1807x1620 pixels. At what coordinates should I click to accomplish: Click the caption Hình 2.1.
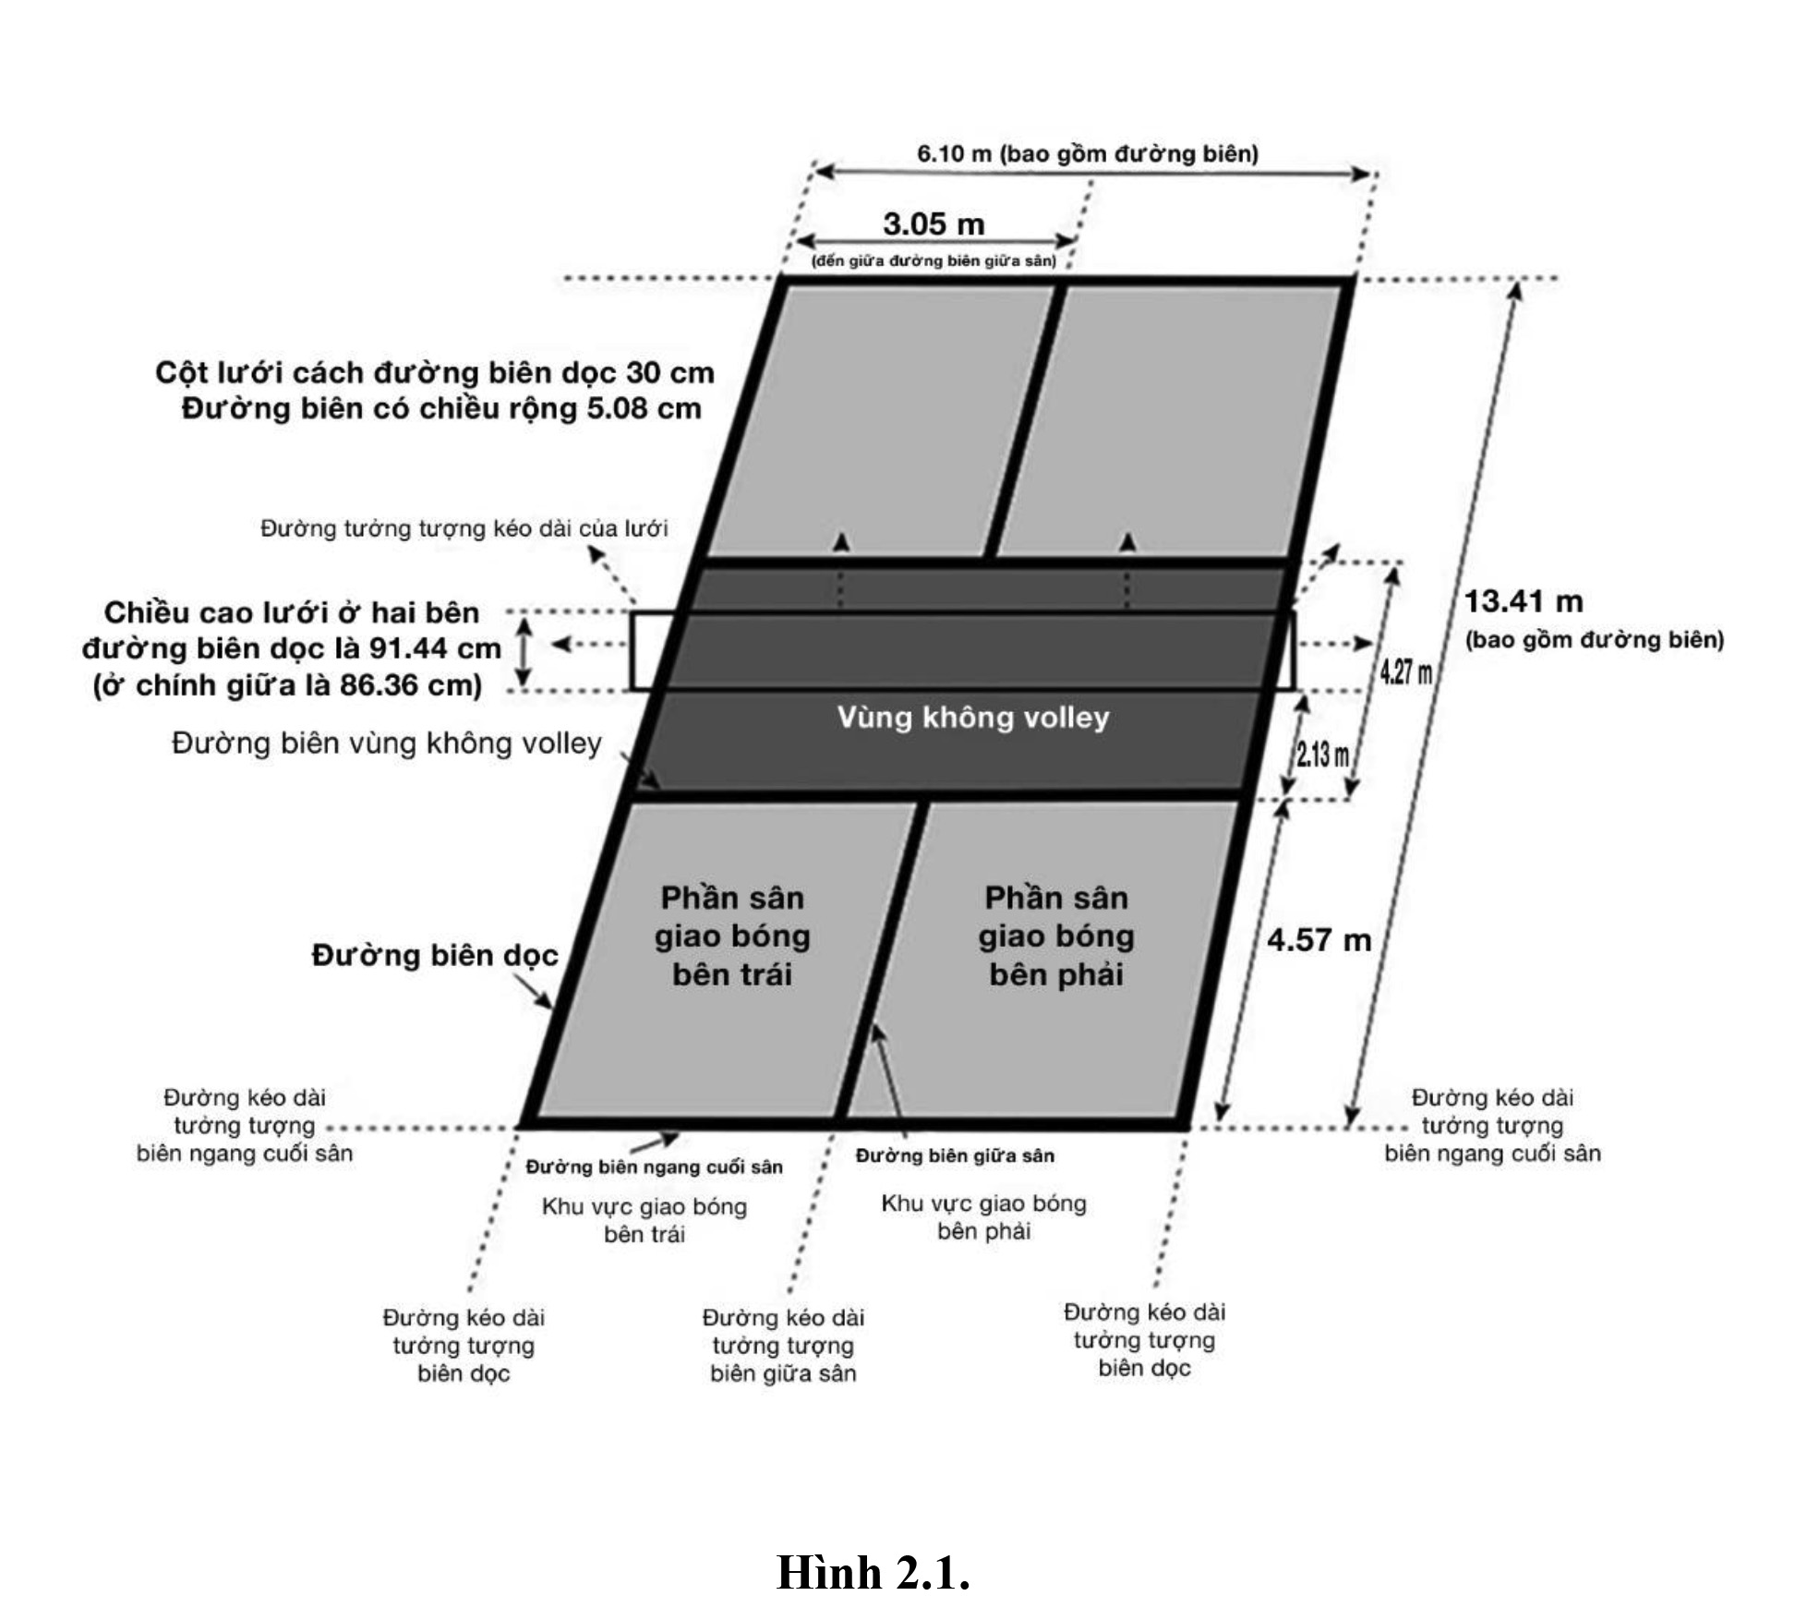(x=873, y=1573)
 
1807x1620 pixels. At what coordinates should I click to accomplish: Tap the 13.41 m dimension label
(x=1524, y=602)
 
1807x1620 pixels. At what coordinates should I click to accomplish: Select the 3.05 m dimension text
(x=934, y=224)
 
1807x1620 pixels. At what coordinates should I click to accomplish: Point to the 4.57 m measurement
(x=1319, y=940)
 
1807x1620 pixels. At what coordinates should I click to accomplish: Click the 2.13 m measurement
(x=1322, y=755)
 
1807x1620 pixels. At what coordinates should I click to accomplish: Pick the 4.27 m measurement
(x=1405, y=671)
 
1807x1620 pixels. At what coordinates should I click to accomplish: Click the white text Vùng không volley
(x=973, y=718)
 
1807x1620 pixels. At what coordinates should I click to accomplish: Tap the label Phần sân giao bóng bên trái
(x=732, y=936)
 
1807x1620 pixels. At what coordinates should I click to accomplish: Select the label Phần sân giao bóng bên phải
(x=1056, y=936)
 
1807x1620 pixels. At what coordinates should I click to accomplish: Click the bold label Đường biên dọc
(x=435, y=955)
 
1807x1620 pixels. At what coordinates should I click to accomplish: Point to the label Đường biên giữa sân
(x=955, y=1155)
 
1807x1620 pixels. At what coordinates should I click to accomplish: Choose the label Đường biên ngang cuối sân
(x=654, y=1167)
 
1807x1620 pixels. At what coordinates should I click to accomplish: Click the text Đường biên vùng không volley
(x=387, y=744)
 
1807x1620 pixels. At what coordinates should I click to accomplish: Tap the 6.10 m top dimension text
(x=1087, y=154)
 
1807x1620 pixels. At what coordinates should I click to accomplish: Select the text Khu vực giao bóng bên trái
(x=644, y=1220)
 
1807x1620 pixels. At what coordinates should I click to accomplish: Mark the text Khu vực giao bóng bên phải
(x=983, y=1217)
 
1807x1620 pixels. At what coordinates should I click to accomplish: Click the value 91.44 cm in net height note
(x=435, y=649)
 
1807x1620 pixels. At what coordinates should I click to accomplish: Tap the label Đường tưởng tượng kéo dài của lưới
(x=464, y=529)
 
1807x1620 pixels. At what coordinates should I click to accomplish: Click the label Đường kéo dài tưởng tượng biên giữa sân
(x=783, y=1346)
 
